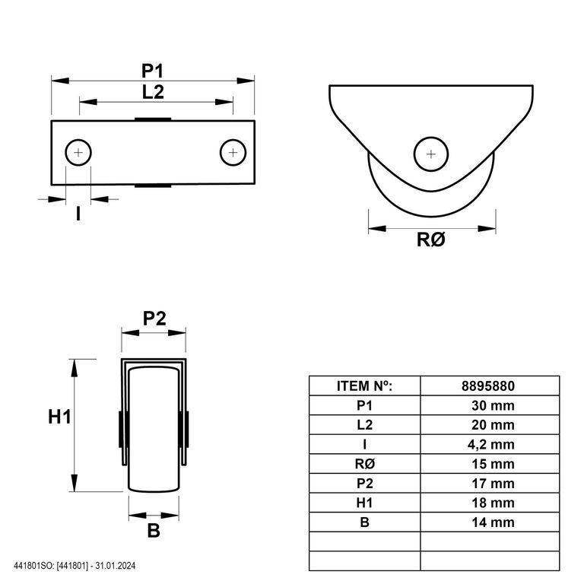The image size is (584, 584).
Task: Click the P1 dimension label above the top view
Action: pyautogui.click(x=152, y=71)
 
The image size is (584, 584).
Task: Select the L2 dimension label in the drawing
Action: pyautogui.click(x=153, y=92)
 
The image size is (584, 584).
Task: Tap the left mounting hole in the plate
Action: pyautogui.click(x=78, y=152)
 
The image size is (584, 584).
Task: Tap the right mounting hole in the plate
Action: pyautogui.click(x=233, y=152)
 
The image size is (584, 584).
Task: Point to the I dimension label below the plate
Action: pyautogui.click(x=78, y=214)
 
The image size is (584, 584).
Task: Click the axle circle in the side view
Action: pyautogui.click(x=431, y=154)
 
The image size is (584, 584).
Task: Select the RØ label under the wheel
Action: pyautogui.click(x=431, y=240)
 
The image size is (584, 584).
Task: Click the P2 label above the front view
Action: pyautogui.click(x=154, y=319)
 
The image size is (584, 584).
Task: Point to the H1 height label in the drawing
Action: pyautogui.click(x=59, y=417)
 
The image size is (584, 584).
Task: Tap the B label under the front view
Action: pyautogui.click(x=154, y=530)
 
